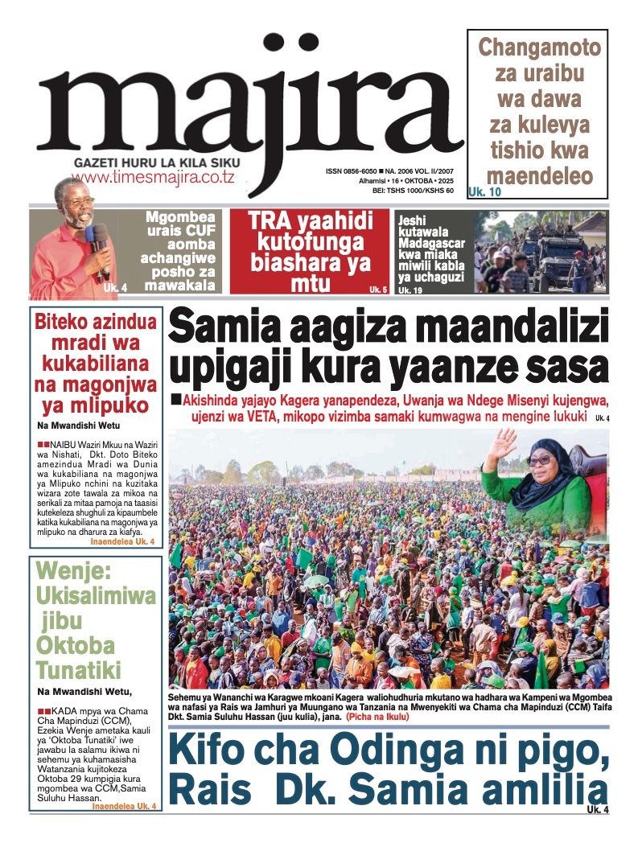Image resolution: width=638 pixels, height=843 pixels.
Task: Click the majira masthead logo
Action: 241,105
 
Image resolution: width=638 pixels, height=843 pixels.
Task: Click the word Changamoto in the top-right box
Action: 539,47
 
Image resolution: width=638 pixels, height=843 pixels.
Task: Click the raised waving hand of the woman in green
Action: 501,448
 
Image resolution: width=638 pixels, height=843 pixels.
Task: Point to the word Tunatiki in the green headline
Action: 78,669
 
